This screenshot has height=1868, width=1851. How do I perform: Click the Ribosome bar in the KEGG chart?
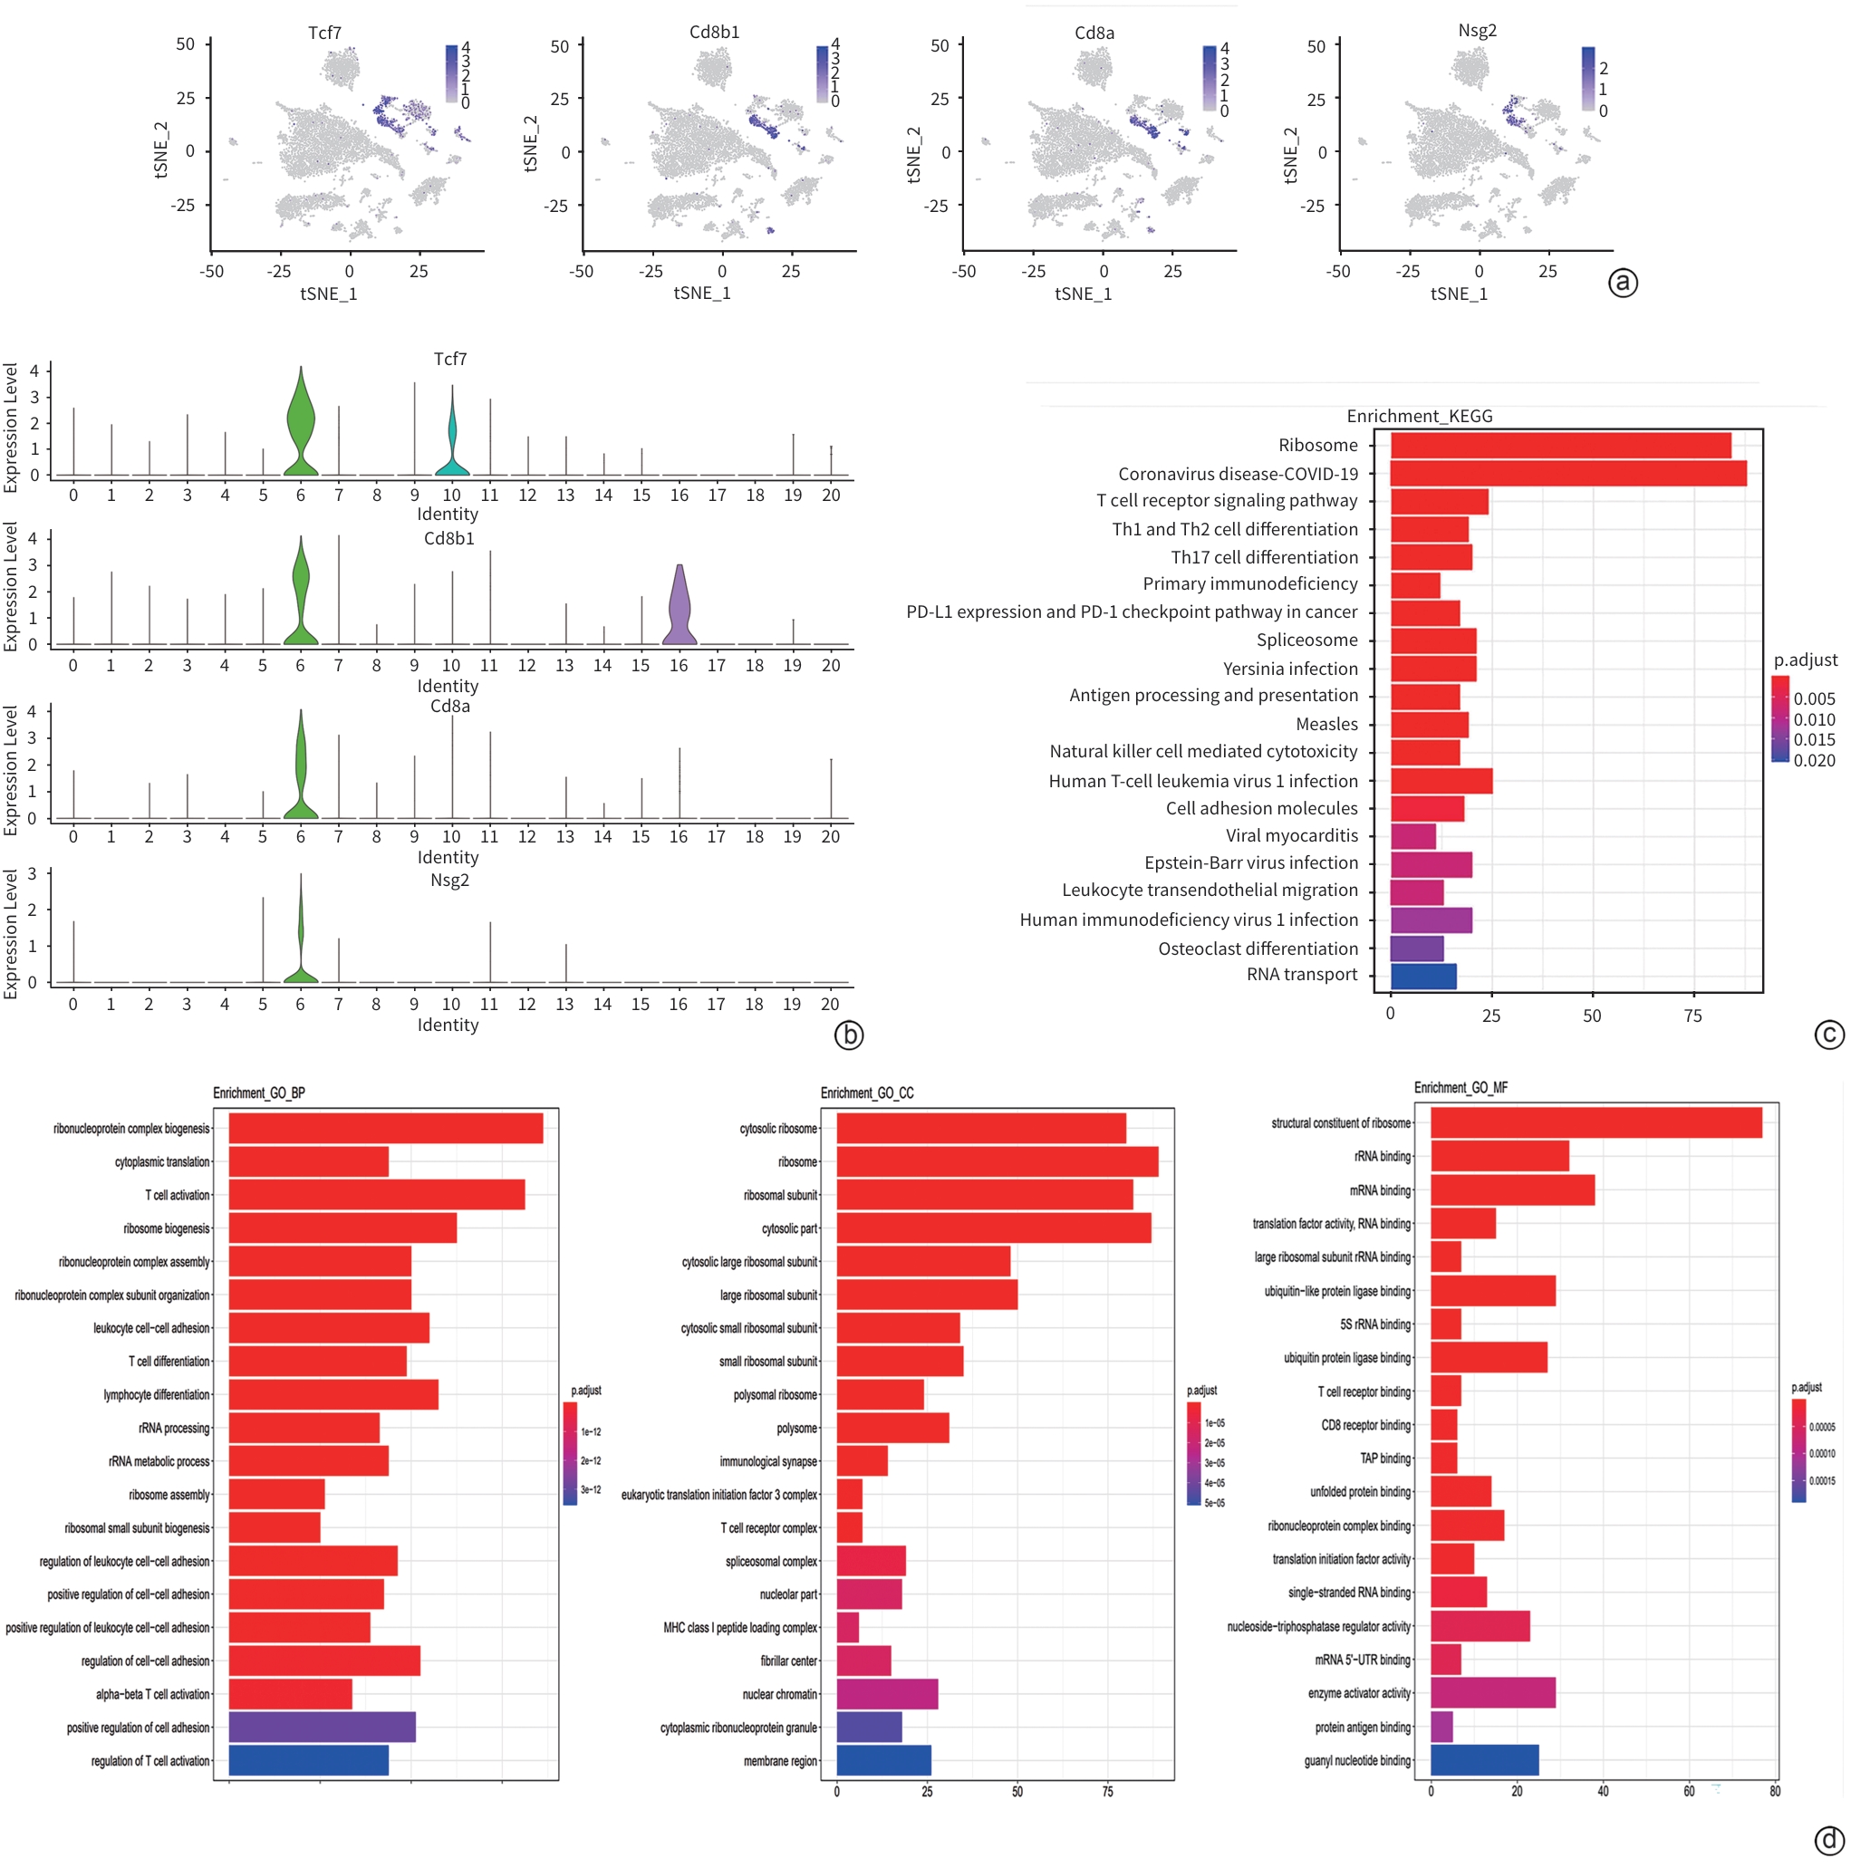pos(1559,446)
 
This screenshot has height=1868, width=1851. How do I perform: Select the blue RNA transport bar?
pos(1422,977)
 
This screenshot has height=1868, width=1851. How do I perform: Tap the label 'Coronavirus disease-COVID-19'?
pos(1237,474)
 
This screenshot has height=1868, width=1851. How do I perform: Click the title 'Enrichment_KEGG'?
pos(1419,416)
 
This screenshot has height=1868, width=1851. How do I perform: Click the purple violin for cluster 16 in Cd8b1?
pos(679,609)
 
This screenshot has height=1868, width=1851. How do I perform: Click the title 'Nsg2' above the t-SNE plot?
pos(1477,31)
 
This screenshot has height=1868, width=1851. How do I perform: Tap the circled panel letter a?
pos(1622,283)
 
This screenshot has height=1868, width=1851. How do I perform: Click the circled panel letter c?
pos(1827,1035)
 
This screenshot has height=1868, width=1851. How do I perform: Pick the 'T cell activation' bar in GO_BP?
pos(376,1194)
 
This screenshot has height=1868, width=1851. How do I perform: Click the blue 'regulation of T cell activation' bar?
pos(308,1759)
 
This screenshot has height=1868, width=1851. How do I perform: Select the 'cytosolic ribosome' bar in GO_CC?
pos(980,1129)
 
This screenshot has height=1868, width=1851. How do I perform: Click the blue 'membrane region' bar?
pos(883,1759)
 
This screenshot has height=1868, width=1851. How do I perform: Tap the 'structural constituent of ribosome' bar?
pos(1596,1122)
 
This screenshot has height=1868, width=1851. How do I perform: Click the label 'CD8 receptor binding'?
pos(1365,1425)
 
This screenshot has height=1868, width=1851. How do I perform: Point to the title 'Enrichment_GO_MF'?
pos(1461,1088)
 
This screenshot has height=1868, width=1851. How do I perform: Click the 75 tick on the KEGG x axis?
pos(1692,1016)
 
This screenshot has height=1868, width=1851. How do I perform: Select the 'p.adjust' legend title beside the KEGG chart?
pos(1805,660)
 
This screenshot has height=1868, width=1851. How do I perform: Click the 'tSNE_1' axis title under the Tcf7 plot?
pos(329,294)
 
